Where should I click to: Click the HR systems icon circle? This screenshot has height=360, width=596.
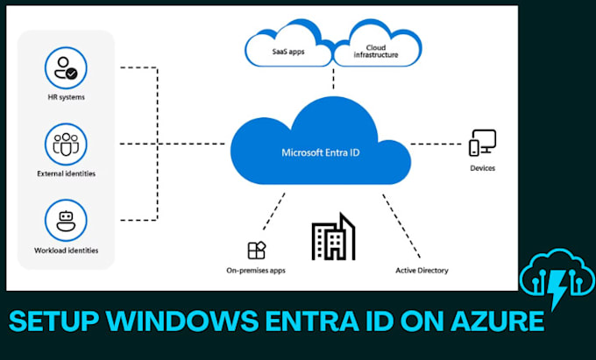[66, 68]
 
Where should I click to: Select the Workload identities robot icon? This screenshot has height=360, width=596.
[66, 220]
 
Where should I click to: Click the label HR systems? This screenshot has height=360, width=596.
[66, 95]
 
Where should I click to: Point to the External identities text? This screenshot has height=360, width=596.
[66, 173]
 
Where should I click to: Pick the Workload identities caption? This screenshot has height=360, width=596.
[66, 251]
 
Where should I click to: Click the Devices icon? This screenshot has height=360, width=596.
[482, 142]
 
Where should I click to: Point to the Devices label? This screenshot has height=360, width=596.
[482, 167]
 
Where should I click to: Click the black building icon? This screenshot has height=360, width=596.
[333, 237]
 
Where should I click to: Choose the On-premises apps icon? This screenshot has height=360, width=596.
[256, 250]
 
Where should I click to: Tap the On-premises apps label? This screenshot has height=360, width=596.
[255, 271]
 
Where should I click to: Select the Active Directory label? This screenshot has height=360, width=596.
[422, 271]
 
